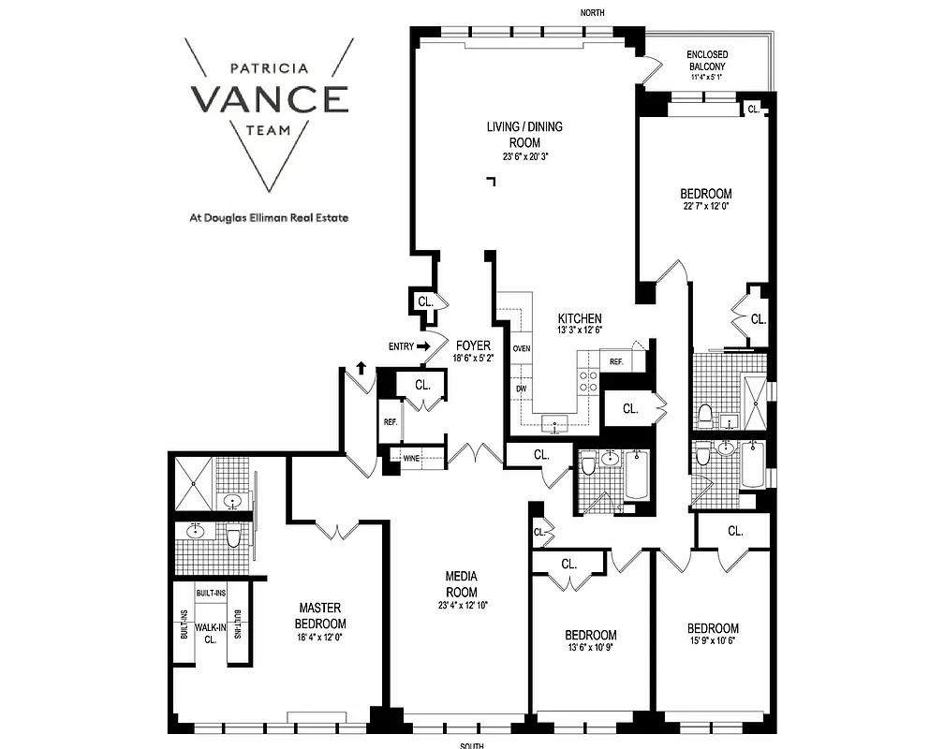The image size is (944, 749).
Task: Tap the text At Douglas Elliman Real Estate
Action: [x=270, y=218]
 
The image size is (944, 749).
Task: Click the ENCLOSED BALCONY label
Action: [x=707, y=61]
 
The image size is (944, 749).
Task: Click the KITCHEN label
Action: [x=580, y=318]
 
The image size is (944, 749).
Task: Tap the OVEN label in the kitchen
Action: [x=522, y=348]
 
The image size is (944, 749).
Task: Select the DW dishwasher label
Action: [x=521, y=389]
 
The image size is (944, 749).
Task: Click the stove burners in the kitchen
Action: [x=587, y=379]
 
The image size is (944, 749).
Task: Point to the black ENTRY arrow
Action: [x=423, y=346]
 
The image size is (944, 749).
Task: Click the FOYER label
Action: [x=473, y=345]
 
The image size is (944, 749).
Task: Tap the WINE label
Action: [x=411, y=458]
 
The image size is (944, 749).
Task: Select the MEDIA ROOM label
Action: [x=461, y=585]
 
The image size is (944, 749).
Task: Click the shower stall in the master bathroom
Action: [x=195, y=483]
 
